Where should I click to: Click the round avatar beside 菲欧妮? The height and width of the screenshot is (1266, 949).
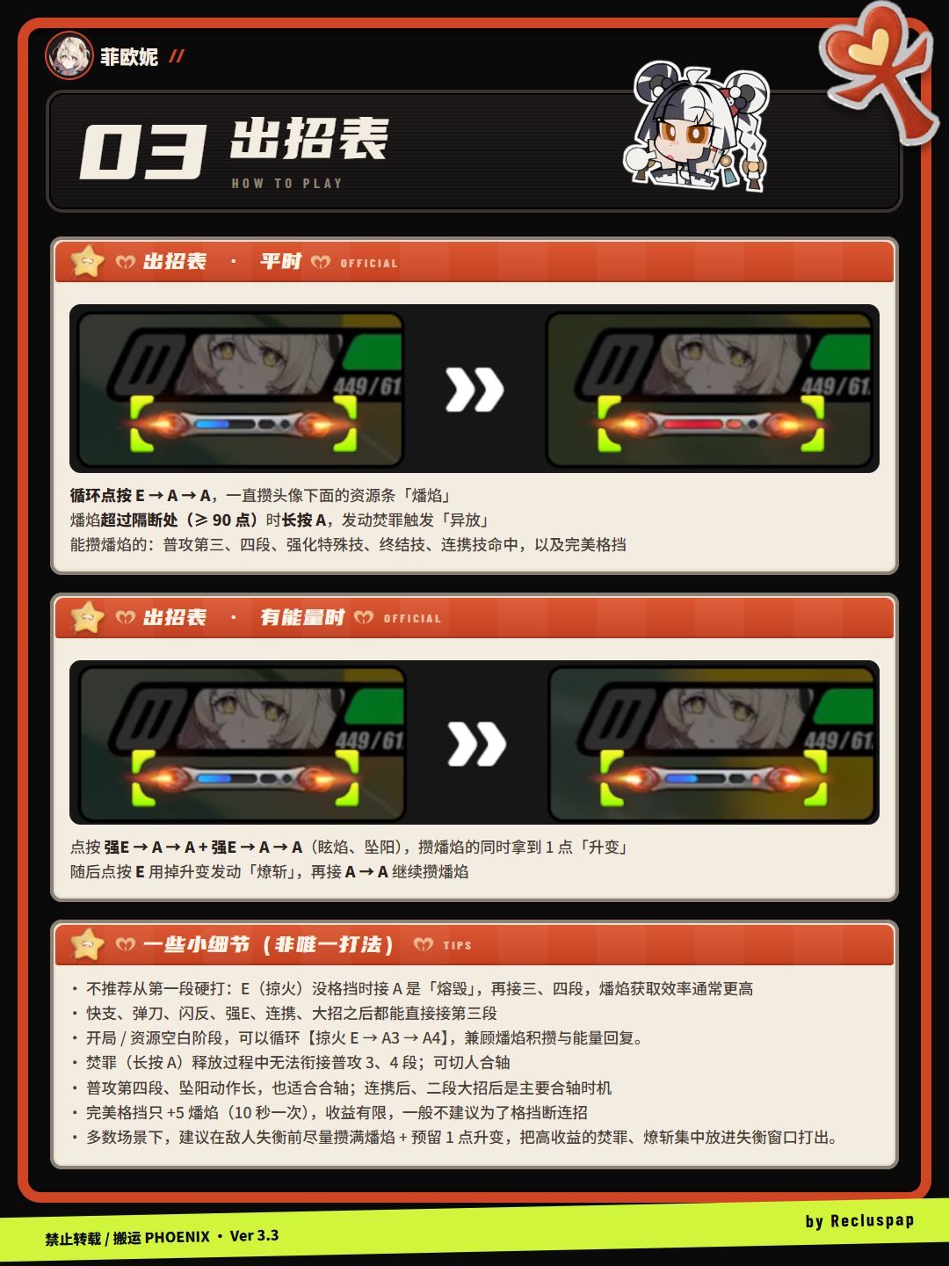[69, 55]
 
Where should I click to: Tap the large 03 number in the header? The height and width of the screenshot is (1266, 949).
[143, 152]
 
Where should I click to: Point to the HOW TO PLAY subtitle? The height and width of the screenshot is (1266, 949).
[287, 184]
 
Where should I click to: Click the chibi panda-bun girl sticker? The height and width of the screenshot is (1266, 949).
[696, 126]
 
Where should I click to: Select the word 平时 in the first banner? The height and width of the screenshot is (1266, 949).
[280, 261]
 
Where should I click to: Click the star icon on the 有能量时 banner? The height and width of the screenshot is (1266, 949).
[87, 616]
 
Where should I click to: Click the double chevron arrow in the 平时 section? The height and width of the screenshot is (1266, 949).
[474, 389]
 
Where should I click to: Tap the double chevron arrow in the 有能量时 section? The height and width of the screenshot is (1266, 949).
[476, 744]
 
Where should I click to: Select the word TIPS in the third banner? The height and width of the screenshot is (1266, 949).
[457, 945]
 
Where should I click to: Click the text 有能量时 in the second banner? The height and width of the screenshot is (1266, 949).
[302, 617]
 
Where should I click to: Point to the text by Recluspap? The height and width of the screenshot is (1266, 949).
[859, 1221]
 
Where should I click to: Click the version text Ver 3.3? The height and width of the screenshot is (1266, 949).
[254, 1236]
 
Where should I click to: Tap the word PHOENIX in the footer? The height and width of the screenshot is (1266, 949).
[177, 1237]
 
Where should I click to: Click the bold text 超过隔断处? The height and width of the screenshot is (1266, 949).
[139, 520]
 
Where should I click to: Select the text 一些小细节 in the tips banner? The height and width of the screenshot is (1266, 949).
[196, 944]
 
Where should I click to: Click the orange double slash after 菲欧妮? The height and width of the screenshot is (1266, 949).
[177, 56]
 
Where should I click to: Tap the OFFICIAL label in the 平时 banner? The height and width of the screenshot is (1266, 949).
[369, 264]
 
